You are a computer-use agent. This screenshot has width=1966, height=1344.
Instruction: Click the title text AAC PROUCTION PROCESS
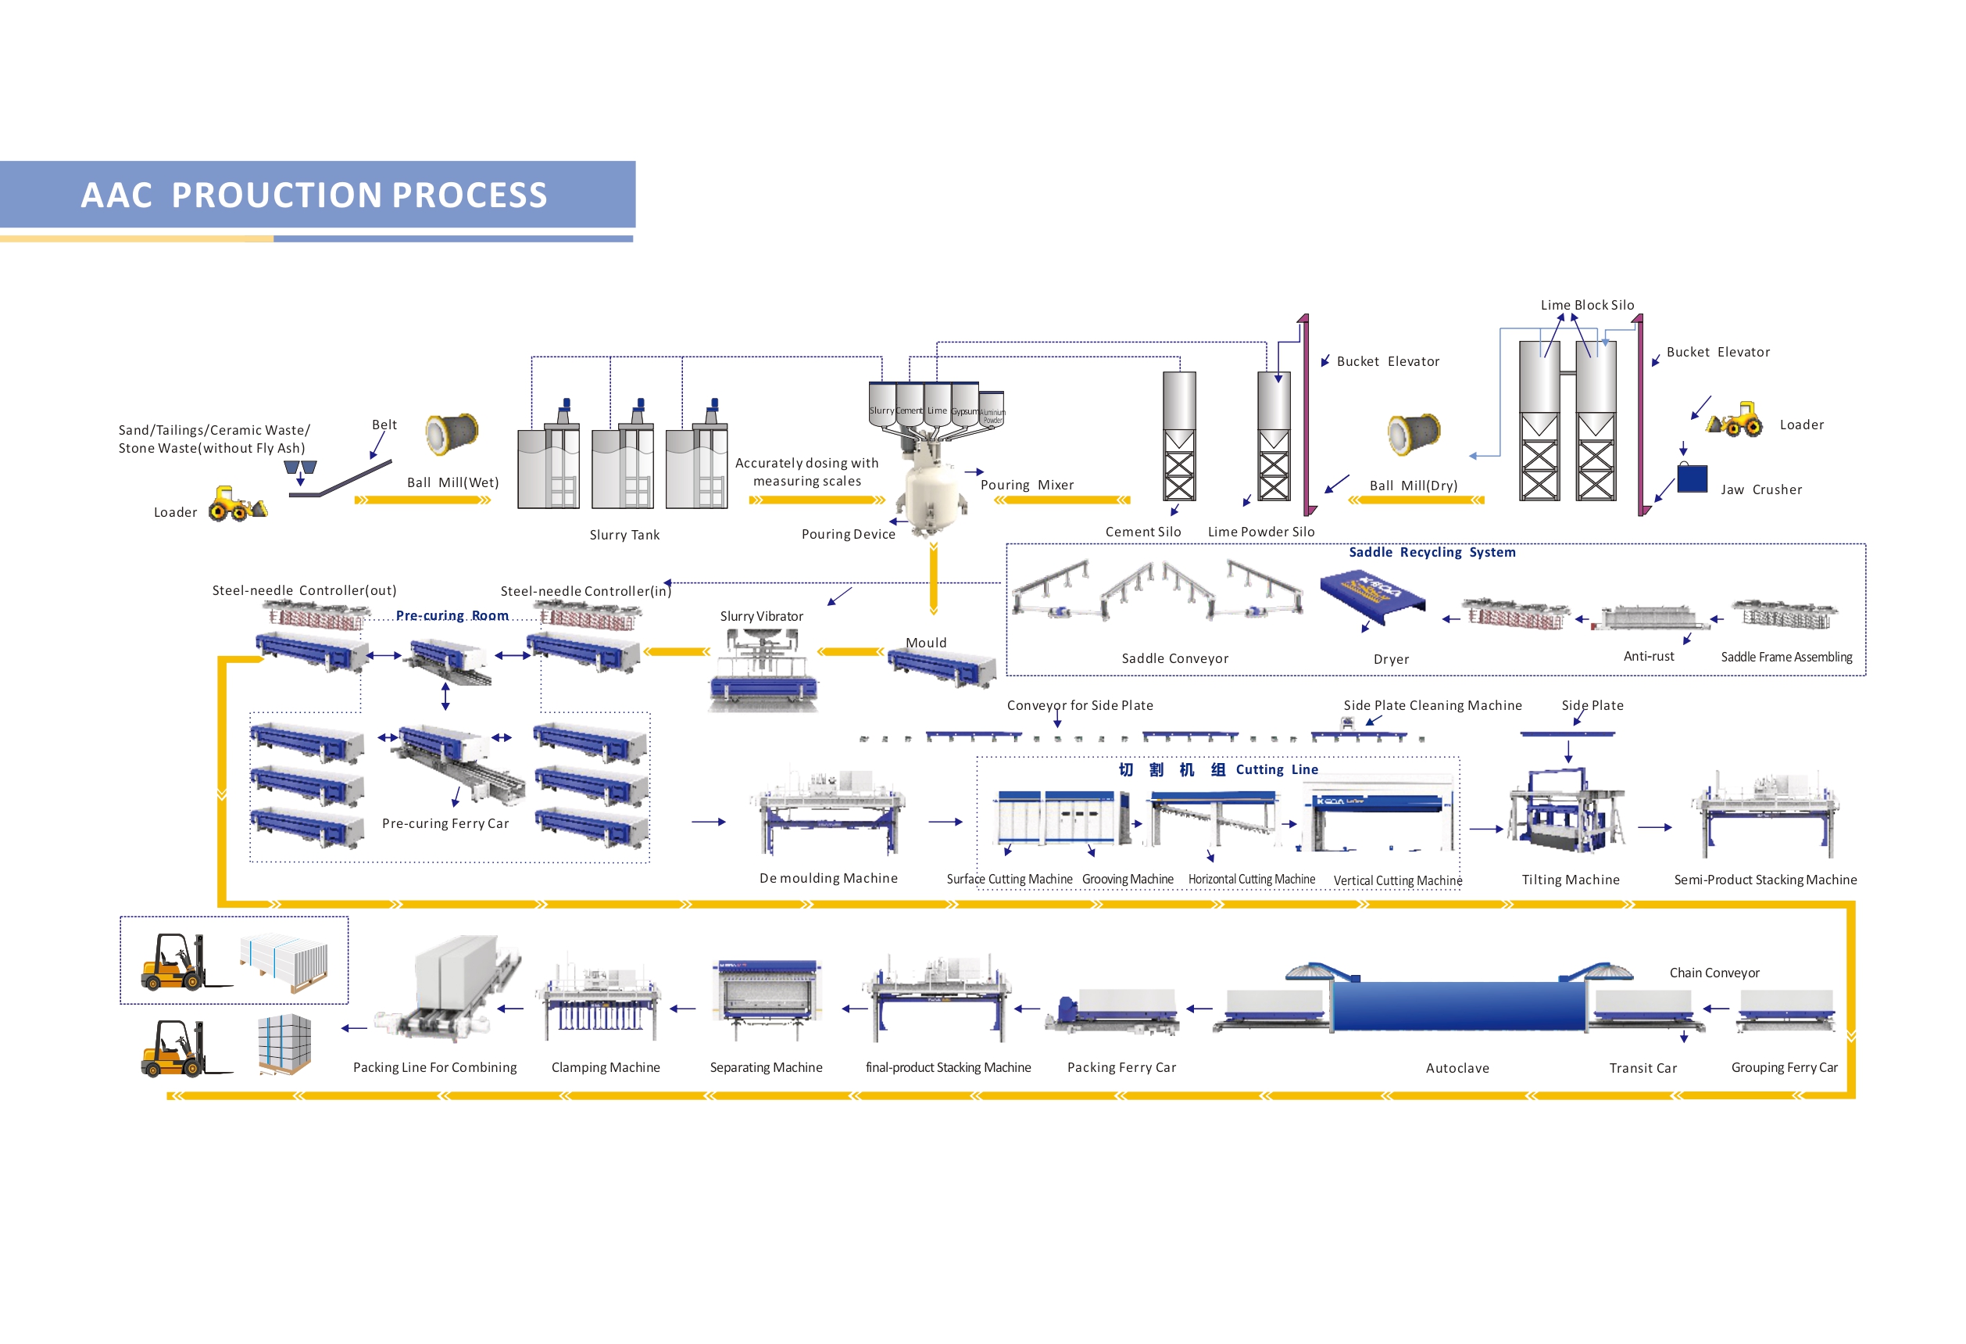click(x=314, y=195)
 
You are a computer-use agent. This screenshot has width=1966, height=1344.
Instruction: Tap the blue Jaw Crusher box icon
click(x=1692, y=478)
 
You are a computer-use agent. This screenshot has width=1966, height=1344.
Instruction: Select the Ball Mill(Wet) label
click(x=452, y=482)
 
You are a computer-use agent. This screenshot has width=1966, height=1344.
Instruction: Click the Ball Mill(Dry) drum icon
click(x=1414, y=434)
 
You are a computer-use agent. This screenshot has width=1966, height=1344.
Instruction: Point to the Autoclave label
click(x=1457, y=1068)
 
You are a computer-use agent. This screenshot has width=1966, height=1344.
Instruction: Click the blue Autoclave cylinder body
click(x=1457, y=1005)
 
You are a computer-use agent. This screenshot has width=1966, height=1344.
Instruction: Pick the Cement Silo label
click(x=1143, y=532)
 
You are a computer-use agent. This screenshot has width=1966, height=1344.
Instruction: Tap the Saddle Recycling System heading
click(x=1432, y=553)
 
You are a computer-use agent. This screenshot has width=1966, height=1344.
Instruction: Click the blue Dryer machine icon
click(x=1372, y=596)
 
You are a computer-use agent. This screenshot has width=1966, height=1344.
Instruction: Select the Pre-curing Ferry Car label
click(x=445, y=823)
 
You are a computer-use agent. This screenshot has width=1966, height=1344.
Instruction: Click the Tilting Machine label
click(x=1570, y=880)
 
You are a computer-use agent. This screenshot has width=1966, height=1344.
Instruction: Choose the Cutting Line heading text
click(x=1277, y=769)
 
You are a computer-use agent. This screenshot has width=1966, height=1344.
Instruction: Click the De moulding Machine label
click(x=828, y=879)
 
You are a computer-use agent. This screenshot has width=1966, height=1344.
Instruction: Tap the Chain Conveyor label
click(x=1714, y=973)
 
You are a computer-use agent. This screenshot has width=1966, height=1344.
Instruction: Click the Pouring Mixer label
click(x=1027, y=485)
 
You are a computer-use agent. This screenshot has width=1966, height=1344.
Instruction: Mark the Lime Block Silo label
click(x=1587, y=306)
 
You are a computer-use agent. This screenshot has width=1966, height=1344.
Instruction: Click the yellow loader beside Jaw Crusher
click(x=1734, y=420)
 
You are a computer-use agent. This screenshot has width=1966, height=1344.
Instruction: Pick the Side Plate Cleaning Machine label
click(x=1432, y=706)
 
